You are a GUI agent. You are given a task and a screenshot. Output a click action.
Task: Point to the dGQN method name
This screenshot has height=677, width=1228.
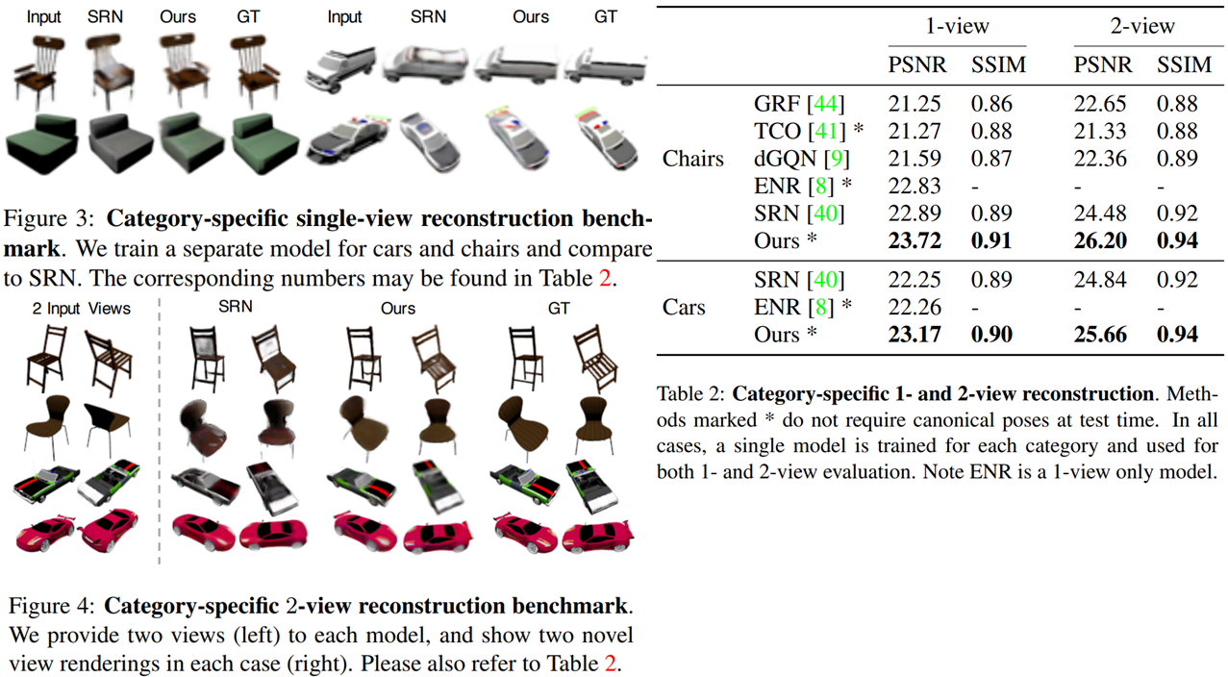(785, 158)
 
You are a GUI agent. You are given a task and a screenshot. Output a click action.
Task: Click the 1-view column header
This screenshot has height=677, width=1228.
(956, 26)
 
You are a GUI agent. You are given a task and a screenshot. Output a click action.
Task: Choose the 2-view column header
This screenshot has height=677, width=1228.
(1142, 26)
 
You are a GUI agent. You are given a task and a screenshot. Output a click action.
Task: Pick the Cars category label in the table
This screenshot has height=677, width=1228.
(684, 308)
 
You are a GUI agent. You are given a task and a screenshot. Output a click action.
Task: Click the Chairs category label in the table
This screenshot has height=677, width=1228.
(692, 159)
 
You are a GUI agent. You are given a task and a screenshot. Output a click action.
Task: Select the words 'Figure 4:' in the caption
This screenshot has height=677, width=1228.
(51, 607)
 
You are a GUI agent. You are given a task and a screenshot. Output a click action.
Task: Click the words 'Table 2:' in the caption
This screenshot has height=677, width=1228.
(690, 394)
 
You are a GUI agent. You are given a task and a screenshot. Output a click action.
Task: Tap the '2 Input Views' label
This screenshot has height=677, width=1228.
(81, 309)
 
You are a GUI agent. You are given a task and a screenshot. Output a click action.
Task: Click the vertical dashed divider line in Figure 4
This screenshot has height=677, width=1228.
(159, 433)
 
